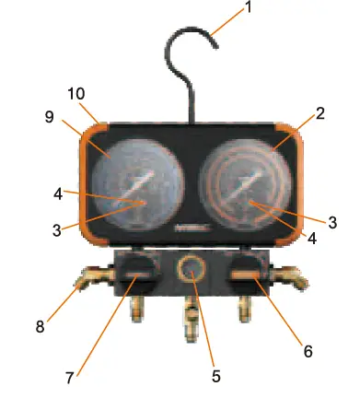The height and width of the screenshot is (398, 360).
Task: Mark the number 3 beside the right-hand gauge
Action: (333, 221)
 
